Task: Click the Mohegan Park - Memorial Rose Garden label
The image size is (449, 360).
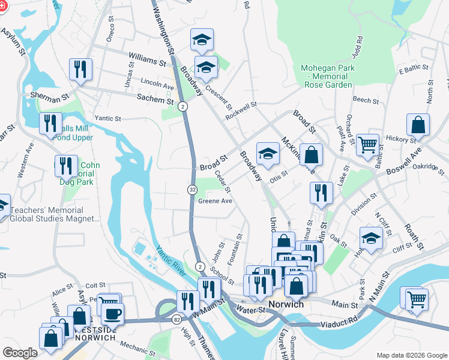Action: tap(327, 77)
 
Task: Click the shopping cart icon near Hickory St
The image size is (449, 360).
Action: tap(367, 144)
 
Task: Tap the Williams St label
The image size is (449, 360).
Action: tap(147, 61)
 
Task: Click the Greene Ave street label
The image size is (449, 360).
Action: tap(215, 202)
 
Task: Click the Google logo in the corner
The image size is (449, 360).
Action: tap(20, 352)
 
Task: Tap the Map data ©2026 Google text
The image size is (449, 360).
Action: tap(412, 355)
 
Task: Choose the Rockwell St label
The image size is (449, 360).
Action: tap(241, 109)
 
